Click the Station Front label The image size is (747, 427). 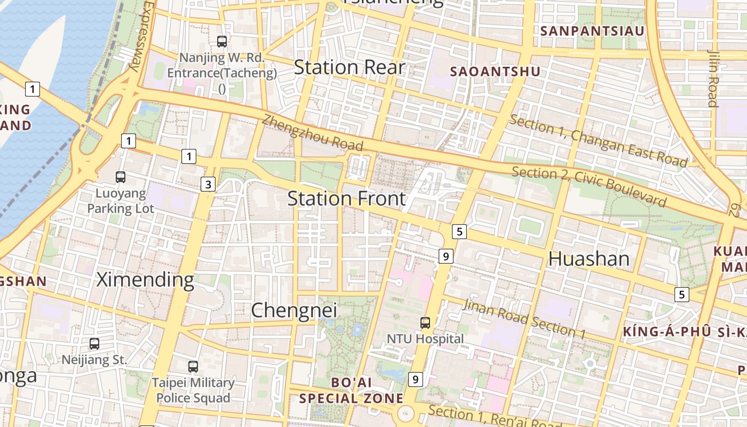click(x=347, y=199)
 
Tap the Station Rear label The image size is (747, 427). click(x=349, y=67)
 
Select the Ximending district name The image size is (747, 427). click(x=145, y=279)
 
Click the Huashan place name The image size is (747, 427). click(x=589, y=259)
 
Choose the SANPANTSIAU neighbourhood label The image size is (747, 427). click(x=592, y=31)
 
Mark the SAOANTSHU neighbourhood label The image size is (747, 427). click(x=495, y=72)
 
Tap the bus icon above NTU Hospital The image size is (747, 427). click(x=425, y=323)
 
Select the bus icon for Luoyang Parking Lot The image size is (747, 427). click(x=121, y=177)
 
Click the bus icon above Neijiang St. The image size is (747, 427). click(x=94, y=344)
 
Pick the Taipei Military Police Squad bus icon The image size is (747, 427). click(x=193, y=367)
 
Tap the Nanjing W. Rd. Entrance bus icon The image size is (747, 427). click(x=222, y=41)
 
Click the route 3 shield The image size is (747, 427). click(x=208, y=185)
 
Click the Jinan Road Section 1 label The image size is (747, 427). click(x=524, y=319)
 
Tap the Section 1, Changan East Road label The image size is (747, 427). click(x=598, y=140)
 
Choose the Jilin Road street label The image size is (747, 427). click(x=713, y=78)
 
